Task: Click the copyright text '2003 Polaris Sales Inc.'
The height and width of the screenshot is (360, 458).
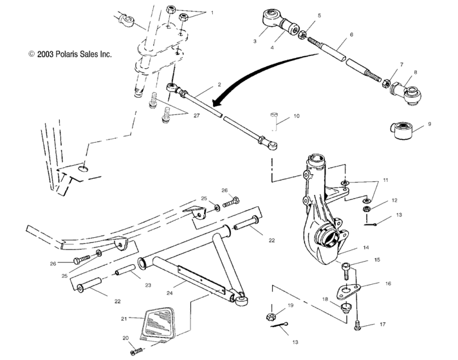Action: pos(70,55)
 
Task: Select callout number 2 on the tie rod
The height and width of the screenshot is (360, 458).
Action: pos(219,84)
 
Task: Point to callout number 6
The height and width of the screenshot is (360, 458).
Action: pos(351,35)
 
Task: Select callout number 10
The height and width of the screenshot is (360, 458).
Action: pos(297,116)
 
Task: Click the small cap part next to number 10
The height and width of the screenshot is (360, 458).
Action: pos(274,116)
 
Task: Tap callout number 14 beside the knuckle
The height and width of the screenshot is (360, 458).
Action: pos(365,247)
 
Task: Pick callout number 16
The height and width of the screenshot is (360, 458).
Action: pos(388,282)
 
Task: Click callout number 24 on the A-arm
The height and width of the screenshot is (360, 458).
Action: pos(170,292)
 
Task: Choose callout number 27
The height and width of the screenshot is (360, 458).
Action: pos(196,116)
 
